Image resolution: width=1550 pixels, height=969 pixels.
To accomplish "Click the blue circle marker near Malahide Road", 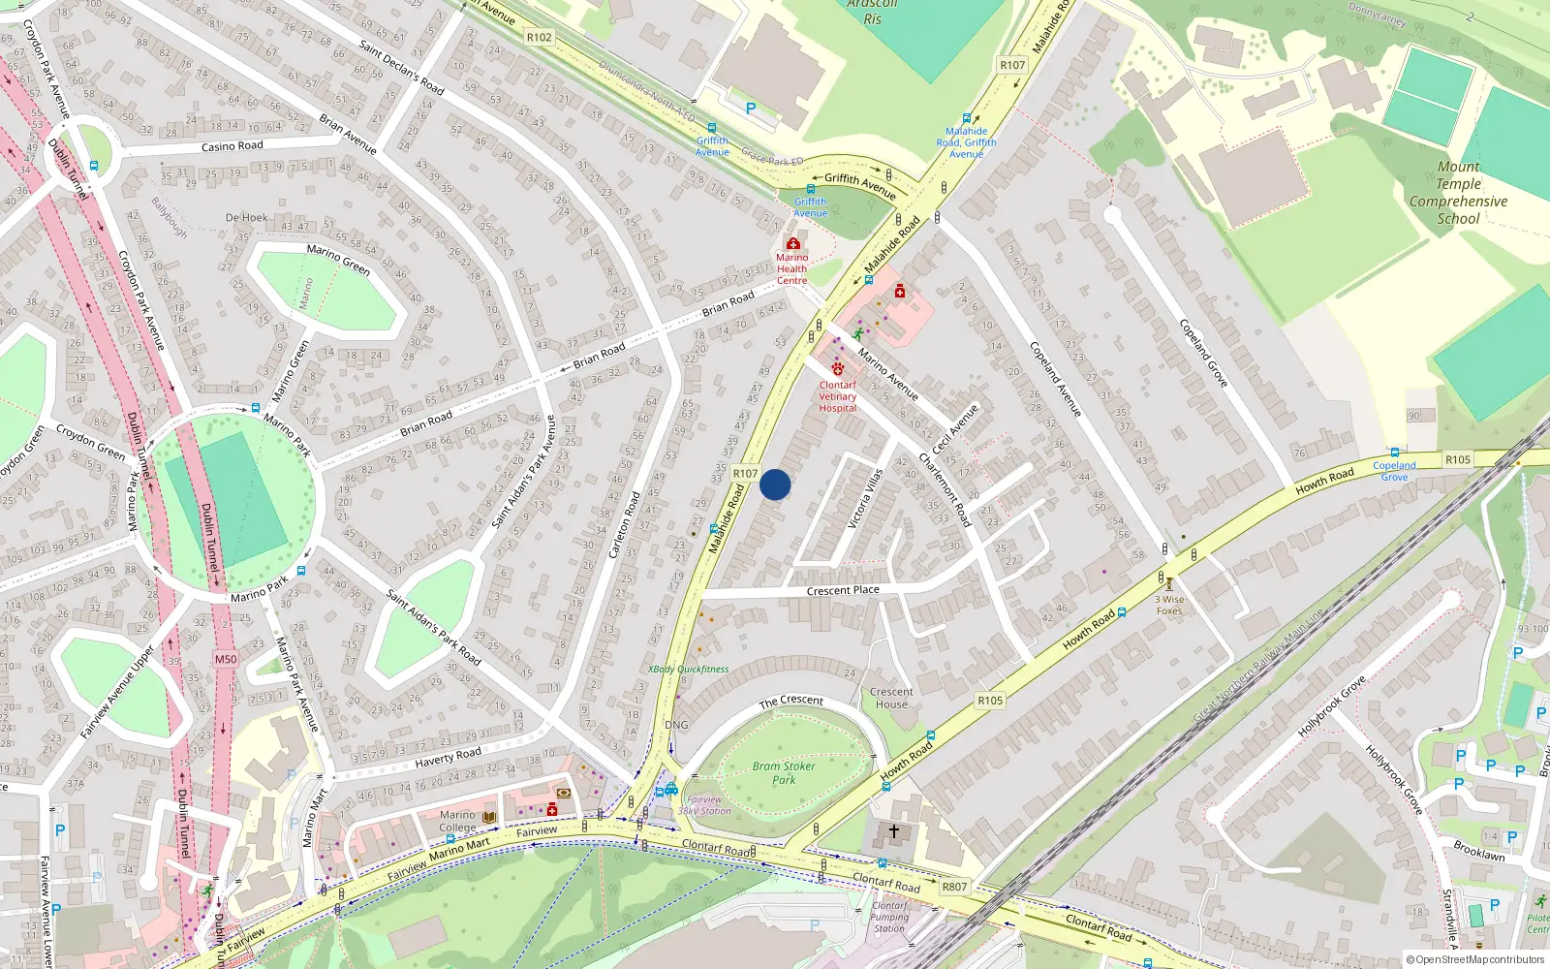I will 775,484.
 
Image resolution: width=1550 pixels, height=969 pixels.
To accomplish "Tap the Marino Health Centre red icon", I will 792,243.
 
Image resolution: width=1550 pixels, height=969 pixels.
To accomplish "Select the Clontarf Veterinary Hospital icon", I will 838,369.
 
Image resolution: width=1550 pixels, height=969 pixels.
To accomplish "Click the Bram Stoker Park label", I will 784,772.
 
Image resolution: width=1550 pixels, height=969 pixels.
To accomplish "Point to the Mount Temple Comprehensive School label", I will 1458,193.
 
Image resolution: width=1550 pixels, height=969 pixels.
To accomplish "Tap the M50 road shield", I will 225,659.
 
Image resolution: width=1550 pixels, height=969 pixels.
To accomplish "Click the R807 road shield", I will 954,887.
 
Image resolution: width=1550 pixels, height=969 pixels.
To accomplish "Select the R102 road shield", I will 539,38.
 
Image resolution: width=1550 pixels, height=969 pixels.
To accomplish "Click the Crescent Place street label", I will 843,590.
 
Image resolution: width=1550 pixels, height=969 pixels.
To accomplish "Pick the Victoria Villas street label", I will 865,499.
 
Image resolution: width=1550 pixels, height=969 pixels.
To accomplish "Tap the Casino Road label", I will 232,146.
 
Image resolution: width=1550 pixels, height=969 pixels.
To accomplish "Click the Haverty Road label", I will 448,756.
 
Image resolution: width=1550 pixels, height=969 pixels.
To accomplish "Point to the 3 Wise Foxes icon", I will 1169,584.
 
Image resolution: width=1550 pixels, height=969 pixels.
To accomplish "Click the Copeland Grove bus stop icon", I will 1394,453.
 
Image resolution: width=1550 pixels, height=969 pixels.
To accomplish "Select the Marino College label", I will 457,821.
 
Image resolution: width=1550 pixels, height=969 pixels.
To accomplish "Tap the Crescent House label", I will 891,698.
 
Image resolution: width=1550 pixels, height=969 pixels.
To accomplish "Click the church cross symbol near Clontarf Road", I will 894,830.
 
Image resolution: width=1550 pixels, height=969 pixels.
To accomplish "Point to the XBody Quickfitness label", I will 688,669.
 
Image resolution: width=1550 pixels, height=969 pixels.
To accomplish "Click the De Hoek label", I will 246,218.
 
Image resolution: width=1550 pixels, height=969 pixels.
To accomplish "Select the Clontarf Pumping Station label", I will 889,917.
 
